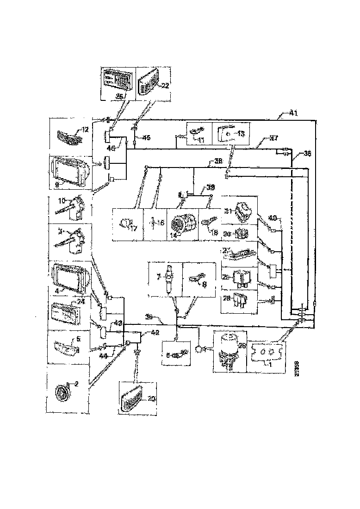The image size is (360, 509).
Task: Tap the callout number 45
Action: coord(146,138)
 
